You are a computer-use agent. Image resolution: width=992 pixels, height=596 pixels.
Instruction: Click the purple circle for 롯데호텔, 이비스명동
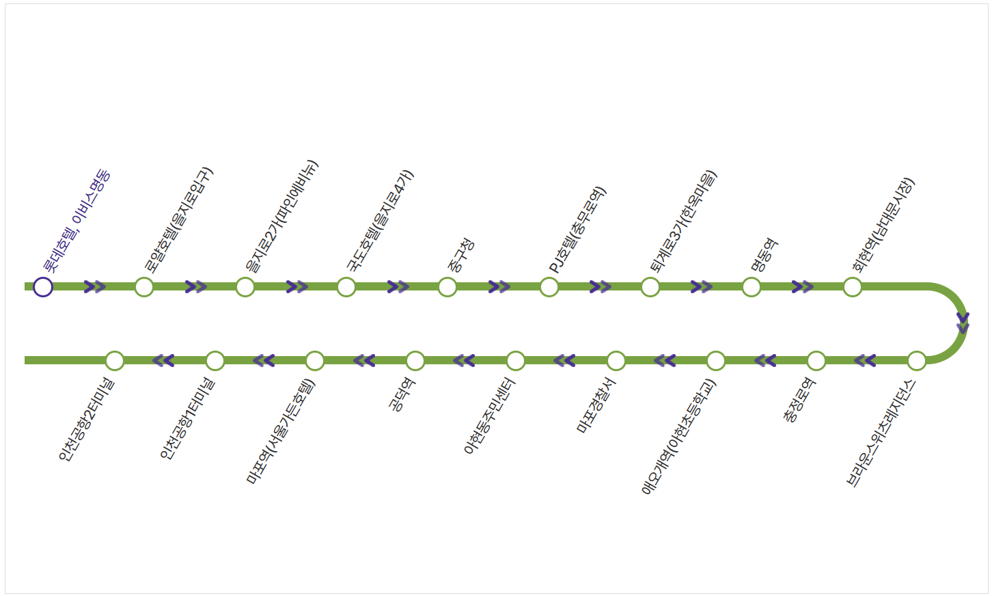(43, 287)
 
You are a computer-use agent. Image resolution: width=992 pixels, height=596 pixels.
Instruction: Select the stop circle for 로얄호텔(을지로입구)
(144, 287)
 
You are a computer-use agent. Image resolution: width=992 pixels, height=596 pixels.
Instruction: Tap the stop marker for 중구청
(447, 287)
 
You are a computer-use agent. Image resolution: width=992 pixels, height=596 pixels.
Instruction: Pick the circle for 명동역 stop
(752, 287)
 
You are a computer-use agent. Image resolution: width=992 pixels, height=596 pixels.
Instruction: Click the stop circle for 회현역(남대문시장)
(853, 287)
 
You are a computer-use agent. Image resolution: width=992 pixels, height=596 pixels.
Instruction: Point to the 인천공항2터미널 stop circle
(115, 360)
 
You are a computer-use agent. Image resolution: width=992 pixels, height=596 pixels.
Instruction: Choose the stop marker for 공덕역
(415, 360)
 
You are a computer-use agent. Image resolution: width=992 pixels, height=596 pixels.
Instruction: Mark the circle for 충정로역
(816, 360)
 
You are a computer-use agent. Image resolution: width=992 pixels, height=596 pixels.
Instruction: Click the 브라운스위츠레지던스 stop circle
(917, 360)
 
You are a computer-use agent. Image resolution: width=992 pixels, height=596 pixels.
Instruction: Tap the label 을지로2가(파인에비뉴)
(281, 217)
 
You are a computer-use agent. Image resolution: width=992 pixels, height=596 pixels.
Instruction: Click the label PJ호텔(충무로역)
(577, 230)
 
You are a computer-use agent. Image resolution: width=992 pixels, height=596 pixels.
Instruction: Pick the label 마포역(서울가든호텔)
(281, 431)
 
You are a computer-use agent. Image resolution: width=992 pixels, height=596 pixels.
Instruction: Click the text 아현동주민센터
(489, 416)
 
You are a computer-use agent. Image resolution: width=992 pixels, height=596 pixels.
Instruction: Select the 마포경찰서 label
(596, 406)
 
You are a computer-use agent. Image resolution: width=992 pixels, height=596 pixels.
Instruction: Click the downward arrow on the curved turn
(963, 323)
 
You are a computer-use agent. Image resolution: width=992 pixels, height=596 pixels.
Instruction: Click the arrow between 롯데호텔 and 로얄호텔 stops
(95, 287)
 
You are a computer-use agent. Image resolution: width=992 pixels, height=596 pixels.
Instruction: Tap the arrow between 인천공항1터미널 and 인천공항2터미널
(163, 360)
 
